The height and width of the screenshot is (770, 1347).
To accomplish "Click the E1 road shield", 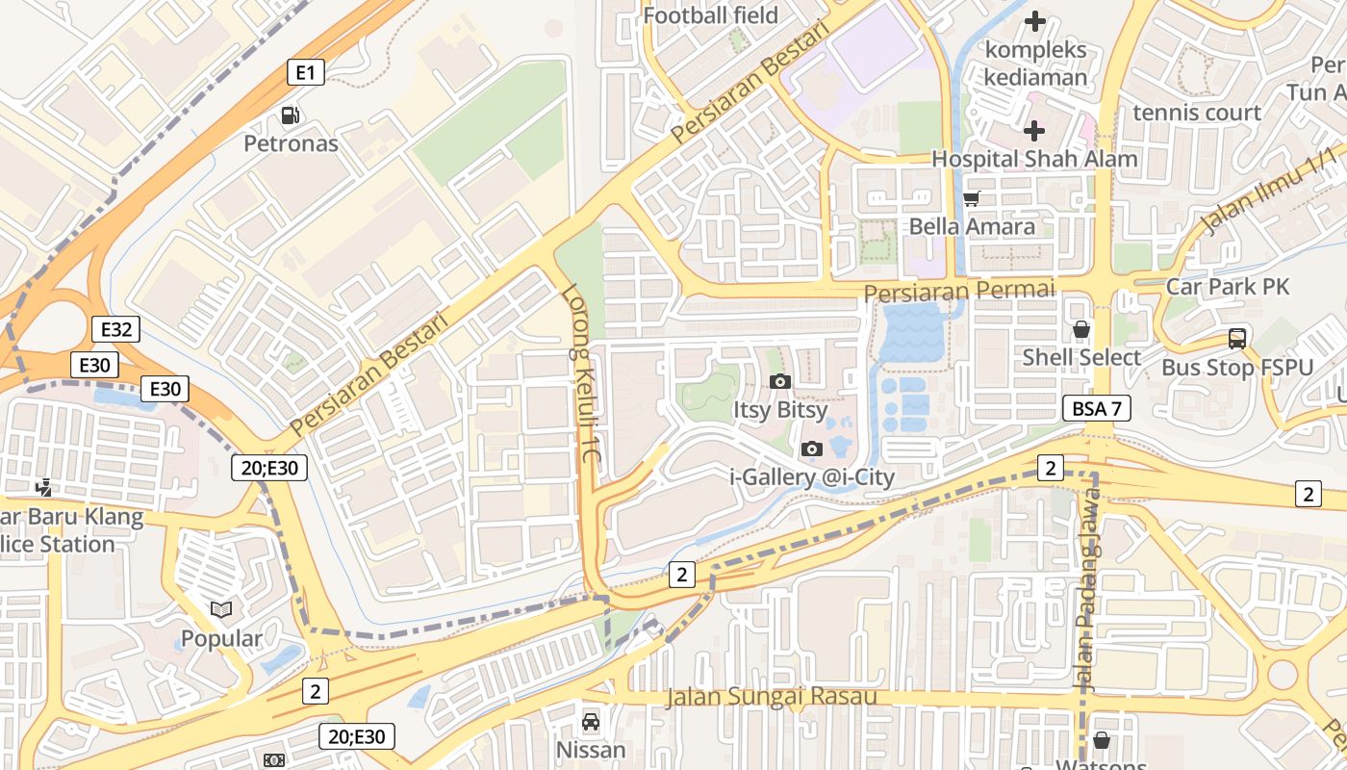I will (x=306, y=72).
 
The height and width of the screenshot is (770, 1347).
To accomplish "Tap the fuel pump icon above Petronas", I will (x=290, y=116).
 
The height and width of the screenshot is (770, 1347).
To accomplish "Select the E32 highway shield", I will (x=115, y=329).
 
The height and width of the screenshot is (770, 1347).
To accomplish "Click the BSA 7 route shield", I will (x=1097, y=408).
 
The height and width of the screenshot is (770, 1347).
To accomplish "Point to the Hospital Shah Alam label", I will (x=1034, y=159).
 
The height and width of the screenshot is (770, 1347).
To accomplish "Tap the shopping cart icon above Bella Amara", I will (x=972, y=198).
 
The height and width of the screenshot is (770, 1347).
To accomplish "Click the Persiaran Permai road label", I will (x=959, y=290).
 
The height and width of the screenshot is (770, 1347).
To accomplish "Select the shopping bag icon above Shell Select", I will (x=1081, y=329).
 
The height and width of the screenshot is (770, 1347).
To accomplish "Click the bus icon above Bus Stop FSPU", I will (x=1236, y=339).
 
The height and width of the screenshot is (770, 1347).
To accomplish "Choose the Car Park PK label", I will (x=1226, y=286).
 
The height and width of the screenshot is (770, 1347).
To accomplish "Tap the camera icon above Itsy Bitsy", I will (x=780, y=382).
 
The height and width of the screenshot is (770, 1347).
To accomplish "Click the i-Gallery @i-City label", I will (x=812, y=476).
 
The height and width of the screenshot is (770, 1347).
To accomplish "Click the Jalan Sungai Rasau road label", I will (x=771, y=697).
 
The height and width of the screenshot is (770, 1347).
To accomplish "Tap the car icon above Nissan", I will (x=591, y=722).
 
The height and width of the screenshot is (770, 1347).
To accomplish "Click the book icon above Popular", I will (x=221, y=609).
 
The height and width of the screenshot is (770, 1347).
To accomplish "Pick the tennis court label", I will (x=1196, y=113).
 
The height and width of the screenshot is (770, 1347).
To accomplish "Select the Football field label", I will (x=710, y=15).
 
